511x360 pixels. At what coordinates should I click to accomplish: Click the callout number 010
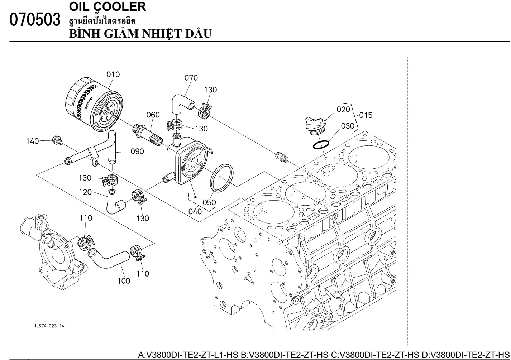(x=113, y=75)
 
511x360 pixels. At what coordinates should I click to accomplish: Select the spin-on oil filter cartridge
(x=94, y=107)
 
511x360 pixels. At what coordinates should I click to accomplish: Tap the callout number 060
(x=153, y=115)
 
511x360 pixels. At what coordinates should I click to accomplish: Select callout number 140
(x=33, y=141)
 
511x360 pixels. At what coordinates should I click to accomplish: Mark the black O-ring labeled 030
(x=320, y=145)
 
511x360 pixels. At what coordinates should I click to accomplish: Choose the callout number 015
(x=366, y=115)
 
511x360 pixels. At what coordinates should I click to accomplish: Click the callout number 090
(x=137, y=152)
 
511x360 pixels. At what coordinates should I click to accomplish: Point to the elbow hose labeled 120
(x=115, y=201)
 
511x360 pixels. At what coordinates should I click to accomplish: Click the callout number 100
(x=124, y=281)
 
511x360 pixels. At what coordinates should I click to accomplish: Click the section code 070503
(x=35, y=20)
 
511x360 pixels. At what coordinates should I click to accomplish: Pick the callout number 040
(x=195, y=211)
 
